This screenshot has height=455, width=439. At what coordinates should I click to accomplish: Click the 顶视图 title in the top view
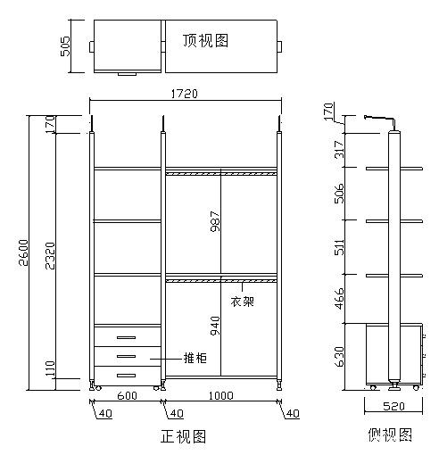(x=206, y=40)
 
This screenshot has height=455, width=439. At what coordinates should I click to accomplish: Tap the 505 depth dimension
(x=65, y=46)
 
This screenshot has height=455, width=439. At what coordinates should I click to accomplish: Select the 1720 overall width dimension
(x=185, y=94)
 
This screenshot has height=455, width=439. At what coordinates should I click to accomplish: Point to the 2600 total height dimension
(x=23, y=252)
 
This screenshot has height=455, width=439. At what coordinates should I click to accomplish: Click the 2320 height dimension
(x=50, y=256)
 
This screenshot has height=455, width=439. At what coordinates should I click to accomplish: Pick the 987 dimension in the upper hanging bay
(x=215, y=221)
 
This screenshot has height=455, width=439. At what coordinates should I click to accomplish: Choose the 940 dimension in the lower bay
(x=215, y=326)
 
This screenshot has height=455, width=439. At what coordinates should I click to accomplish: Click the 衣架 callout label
(x=242, y=302)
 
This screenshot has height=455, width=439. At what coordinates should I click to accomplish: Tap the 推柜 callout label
(x=195, y=358)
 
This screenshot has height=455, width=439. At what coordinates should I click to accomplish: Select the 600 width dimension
(x=128, y=396)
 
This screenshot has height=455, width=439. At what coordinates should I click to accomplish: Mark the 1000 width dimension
(x=221, y=396)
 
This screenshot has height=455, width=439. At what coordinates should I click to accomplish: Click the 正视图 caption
(x=184, y=436)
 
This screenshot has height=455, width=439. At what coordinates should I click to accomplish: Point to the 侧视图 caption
(x=390, y=434)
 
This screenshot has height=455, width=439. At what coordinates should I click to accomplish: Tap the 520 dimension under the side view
(x=393, y=406)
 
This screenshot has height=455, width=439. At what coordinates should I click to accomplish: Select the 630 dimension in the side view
(x=339, y=356)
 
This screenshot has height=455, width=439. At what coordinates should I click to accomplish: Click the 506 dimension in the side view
(x=339, y=194)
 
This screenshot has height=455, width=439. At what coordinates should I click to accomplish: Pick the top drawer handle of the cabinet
(x=126, y=337)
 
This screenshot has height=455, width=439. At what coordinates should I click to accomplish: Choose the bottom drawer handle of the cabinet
(x=126, y=376)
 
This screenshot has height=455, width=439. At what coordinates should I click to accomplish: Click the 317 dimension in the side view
(x=339, y=150)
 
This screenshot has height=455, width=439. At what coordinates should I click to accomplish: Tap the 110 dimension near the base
(x=51, y=368)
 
